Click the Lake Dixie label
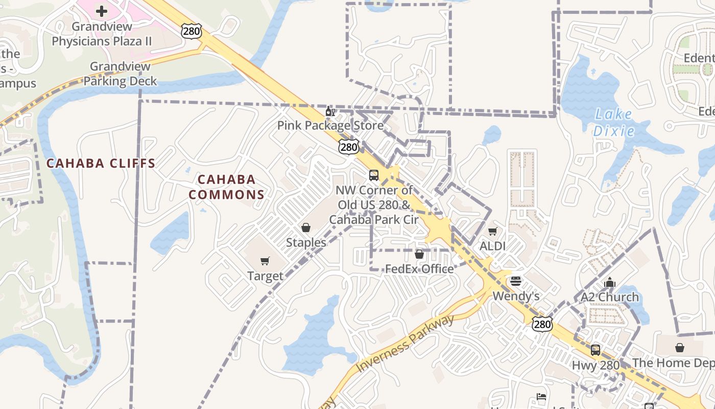coord(613,123)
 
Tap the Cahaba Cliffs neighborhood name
coord(101,164)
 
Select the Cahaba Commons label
coord(226,187)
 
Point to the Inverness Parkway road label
coord(405,343)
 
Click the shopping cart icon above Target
coord(265,262)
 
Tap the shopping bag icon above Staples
coord(306,228)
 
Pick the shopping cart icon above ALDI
coord(492,232)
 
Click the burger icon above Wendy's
coord(516,281)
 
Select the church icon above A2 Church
coord(609,282)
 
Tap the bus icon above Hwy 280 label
coord(595,350)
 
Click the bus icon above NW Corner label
coord(374,175)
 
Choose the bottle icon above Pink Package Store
coord(330,111)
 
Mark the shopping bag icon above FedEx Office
coord(419,254)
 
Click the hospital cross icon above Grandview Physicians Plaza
coord(102,11)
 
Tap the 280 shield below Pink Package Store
coord(349,147)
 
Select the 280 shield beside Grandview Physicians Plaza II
coord(191,32)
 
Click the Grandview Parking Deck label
coord(121,74)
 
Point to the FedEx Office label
coord(419,269)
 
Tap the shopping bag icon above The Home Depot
coord(680,348)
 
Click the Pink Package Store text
coord(330,125)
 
